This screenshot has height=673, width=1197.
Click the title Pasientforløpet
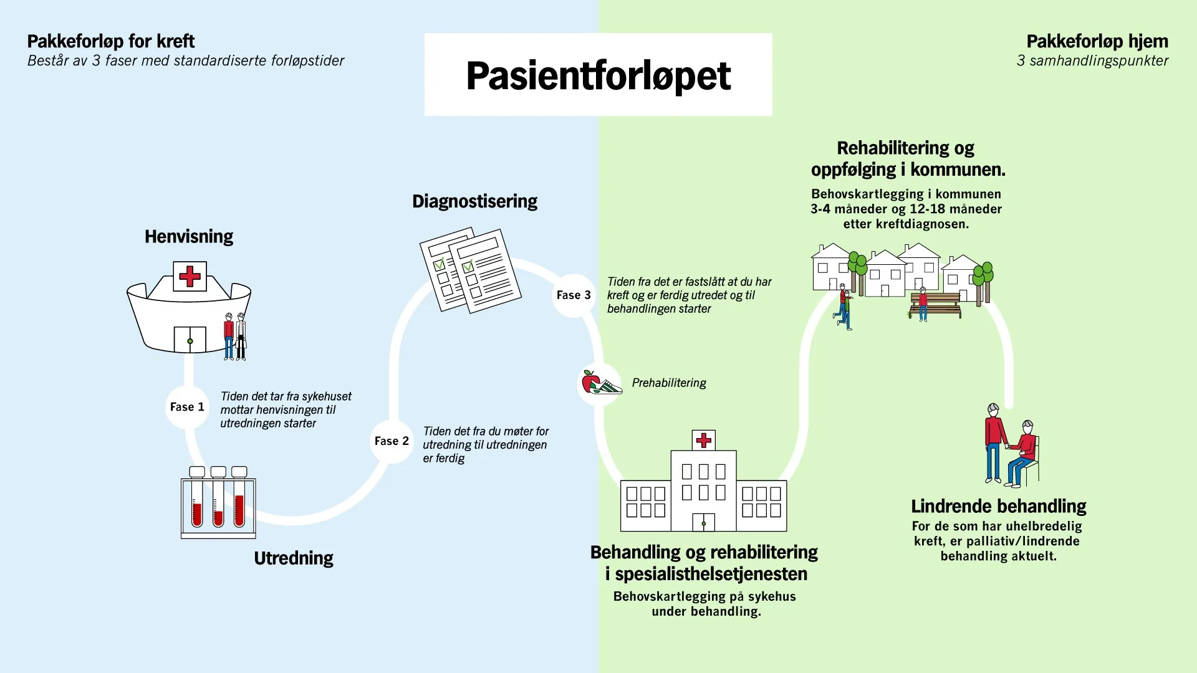pyautogui.click(x=598, y=75)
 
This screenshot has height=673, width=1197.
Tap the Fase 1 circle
pyautogui.click(x=187, y=407)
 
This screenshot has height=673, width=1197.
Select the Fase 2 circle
pyautogui.click(x=392, y=441)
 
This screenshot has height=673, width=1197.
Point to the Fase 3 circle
pyautogui.click(x=574, y=295)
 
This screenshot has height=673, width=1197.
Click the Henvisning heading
pyautogui.click(x=189, y=237)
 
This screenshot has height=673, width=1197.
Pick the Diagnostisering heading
pyautogui.click(x=474, y=201)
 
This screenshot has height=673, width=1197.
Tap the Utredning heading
pyautogui.click(x=294, y=558)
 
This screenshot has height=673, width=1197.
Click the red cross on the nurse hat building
pyautogui.click(x=190, y=276)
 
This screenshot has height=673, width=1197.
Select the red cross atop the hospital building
pyautogui.click(x=704, y=441)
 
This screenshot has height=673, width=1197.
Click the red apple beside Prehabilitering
pyautogui.click(x=590, y=381)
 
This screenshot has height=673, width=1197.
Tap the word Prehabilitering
pyautogui.click(x=669, y=383)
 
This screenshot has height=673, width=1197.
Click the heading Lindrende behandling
pyautogui.click(x=998, y=506)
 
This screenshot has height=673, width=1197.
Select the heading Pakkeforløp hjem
pyautogui.click(x=1097, y=41)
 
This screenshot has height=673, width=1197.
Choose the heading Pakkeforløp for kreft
pyautogui.click(x=111, y=41)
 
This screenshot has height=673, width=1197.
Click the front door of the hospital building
pyautogui.click(x=703, y=522)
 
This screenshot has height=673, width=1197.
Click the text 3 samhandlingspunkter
pyautogui.click(x=1092, y=60)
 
